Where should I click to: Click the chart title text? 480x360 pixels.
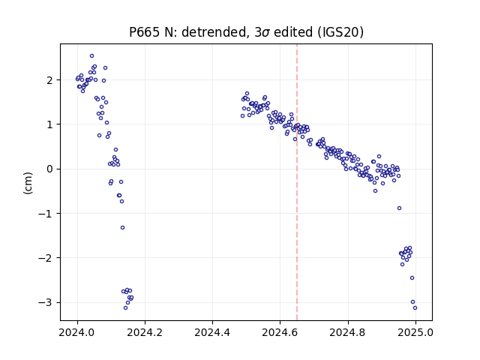coord(247,32)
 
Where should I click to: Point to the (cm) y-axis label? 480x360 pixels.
coord(28,183)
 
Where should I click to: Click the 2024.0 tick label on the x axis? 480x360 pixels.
coord(77,332)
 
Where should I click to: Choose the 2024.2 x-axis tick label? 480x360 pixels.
coord(145,332)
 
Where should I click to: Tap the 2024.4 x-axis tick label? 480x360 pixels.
coord(212,332)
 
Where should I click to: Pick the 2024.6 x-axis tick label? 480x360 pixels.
coord(280,332)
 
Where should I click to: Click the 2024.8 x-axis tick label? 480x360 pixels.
coord(348,332)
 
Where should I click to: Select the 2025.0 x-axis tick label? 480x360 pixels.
coord(415,332)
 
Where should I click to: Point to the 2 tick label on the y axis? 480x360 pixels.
coord(49,80)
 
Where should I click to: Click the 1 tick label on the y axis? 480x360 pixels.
coord(49,124)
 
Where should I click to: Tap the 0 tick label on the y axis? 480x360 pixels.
coord(49,169)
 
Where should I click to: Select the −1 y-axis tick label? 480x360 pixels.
coord(45,214)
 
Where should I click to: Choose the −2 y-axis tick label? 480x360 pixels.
coord(45,258)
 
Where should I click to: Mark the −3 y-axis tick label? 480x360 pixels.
coord(45,302)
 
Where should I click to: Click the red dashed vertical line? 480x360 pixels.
coord(297,182)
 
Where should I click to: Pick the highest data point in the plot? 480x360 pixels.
coord(91,56)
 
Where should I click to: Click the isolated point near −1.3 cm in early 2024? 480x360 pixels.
coord(122,227)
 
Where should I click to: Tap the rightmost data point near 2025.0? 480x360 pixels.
coord(415,308)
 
